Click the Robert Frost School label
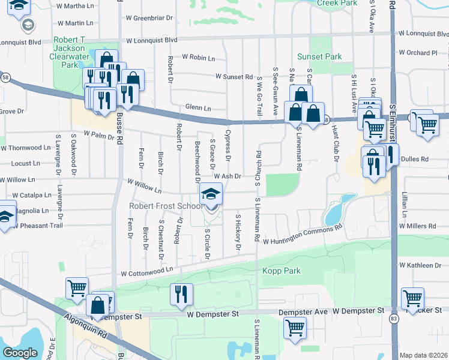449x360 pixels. pos(166,206)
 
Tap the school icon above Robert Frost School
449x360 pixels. pos(211,194)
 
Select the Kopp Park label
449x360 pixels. pos(281,271)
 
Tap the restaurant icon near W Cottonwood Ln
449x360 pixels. pos(182,293)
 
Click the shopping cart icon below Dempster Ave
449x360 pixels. pos(295,328)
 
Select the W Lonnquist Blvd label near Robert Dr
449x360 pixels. pos(152,40)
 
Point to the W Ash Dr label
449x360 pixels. pos(228,176)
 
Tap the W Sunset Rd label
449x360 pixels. pos(234,77)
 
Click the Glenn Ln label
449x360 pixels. pos(198,108)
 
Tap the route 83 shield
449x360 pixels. pos(393,318)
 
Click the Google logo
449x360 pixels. pos(20,353)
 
